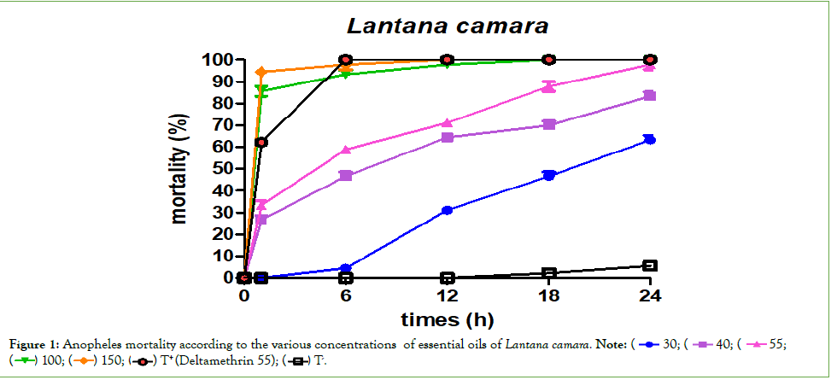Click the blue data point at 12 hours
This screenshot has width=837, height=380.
(447, 210)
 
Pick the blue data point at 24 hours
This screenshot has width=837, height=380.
(649, 139)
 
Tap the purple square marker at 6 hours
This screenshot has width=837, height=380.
(346, 176)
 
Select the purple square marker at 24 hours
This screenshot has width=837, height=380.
(649, 96)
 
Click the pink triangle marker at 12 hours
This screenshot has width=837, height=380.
(447, 123)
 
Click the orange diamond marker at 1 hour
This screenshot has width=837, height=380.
(261, 72)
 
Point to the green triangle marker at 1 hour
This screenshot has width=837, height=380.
(261, 91)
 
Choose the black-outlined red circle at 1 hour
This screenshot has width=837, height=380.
(261, 142)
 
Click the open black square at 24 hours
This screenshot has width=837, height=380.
(649, 266)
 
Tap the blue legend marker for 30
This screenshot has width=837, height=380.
(648, 344)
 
